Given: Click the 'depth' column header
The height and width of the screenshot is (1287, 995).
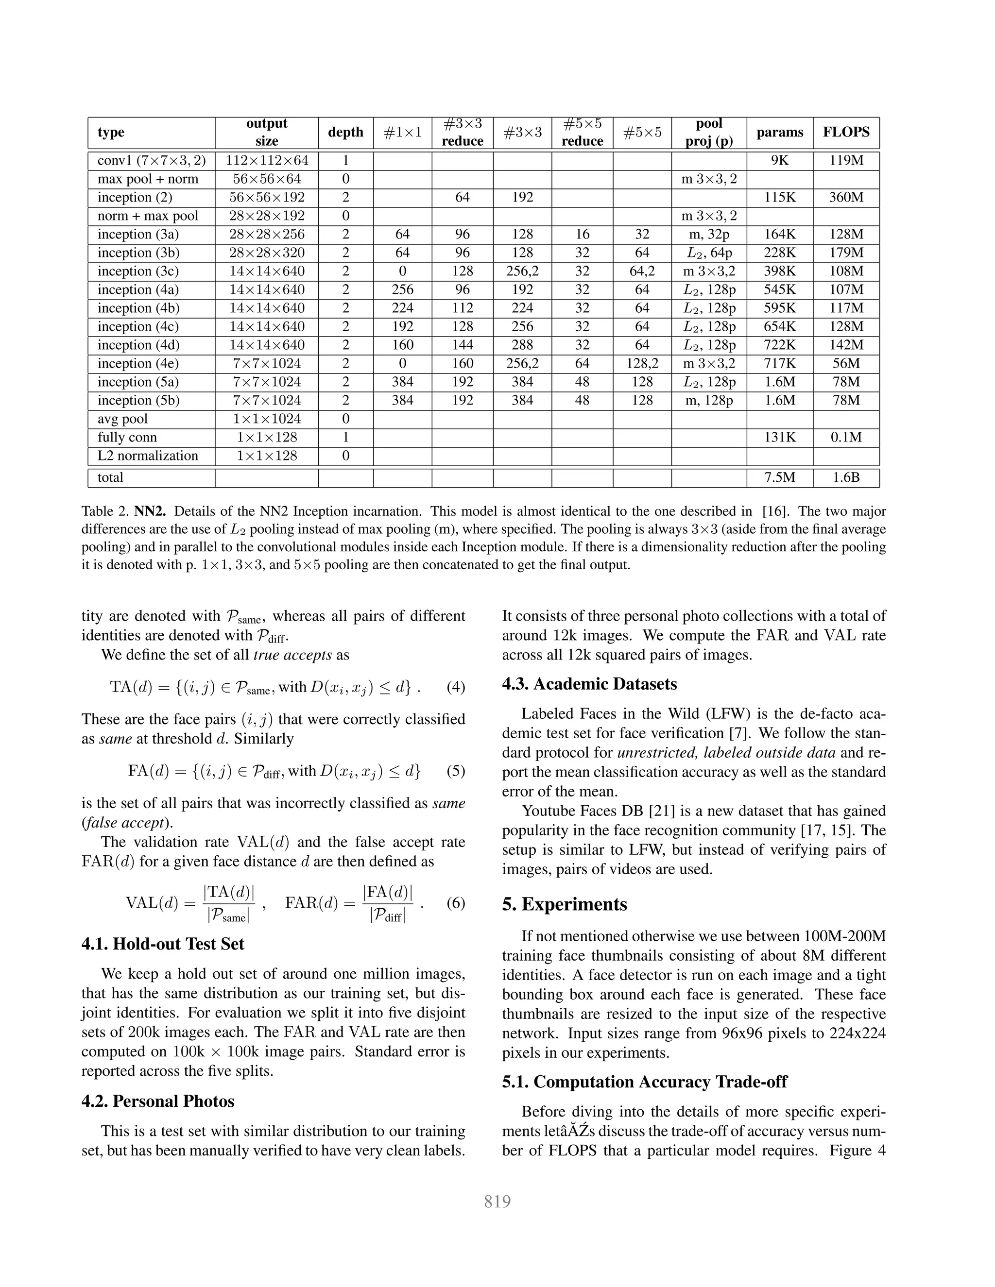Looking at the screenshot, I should click(x=345, y=132).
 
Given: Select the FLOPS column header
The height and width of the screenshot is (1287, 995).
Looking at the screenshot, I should click(x=846, y=132).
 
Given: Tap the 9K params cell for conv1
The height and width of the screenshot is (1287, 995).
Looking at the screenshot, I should click(x=779, y=160).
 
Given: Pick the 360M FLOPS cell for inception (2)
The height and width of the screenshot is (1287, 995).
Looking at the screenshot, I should click(x=846, y=197).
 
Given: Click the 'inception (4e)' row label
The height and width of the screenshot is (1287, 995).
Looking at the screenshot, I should click(x=138, y=364).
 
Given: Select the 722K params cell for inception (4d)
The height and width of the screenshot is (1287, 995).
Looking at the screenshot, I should click(x=779, y=345).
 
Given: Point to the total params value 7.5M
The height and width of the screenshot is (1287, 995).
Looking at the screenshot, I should click(x=779, y=478).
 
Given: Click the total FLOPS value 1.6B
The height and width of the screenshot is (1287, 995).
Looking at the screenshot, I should click(x=846, y=478).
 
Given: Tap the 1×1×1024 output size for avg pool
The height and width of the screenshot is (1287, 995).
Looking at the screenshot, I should click(x=266, y=419).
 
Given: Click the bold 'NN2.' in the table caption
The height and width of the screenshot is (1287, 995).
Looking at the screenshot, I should click(x=150, y=511).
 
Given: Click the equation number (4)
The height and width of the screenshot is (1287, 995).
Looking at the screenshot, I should click(x=456, y=687).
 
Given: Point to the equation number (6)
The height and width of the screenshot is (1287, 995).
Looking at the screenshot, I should click(x=456, y=903).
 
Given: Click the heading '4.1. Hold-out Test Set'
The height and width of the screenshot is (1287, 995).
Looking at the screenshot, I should click(x=163, y=944).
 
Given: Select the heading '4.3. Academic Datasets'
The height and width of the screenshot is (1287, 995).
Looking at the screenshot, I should click(x=589, y=684).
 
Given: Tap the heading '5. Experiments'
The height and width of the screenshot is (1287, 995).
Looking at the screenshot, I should click(x=564, y=904).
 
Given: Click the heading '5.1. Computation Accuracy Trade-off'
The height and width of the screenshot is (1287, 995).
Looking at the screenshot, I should click(x=644, y=1082).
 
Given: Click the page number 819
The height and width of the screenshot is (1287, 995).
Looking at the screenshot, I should click(x=497, y=1202).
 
